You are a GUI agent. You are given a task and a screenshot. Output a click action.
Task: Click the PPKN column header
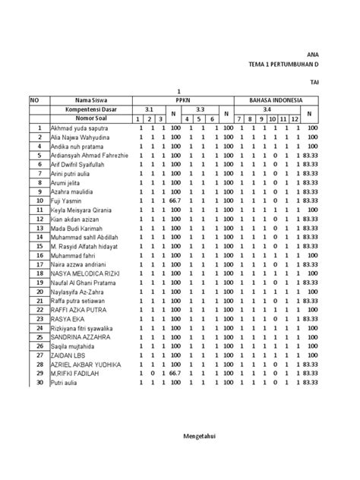[182, 100]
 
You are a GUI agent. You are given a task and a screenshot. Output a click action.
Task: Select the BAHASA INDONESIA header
[278, 100]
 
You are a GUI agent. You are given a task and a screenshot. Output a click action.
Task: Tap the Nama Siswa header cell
[90, 100]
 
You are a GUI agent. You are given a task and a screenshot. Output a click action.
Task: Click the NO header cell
[34, 100]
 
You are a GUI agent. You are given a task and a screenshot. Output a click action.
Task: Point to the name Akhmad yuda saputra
[78, 128]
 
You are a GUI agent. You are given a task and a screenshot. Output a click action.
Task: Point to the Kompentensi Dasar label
[90, 110]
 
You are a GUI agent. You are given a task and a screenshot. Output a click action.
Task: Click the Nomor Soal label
[90, 119]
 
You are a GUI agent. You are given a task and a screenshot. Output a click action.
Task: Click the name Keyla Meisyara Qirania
[81, 210]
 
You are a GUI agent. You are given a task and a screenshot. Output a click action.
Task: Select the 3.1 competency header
[150, 110]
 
